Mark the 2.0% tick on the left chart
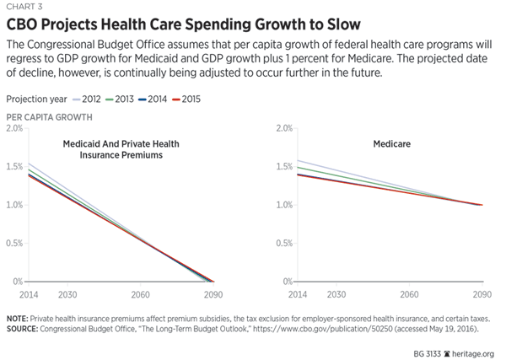coord(14,128)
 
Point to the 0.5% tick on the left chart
coord(14,243)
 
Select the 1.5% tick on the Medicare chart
coord(283,167)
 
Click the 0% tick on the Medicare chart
coord(286,282)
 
